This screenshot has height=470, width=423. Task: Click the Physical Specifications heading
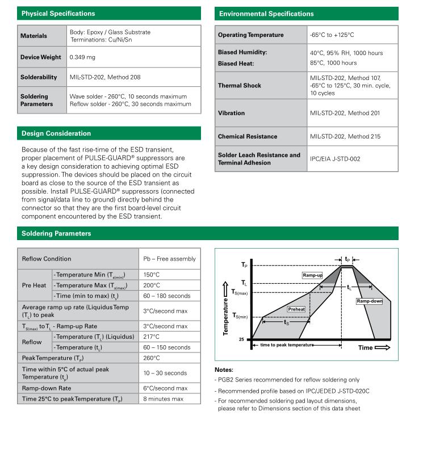pos(58,13)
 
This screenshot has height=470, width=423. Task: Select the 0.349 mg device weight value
pos(82,57)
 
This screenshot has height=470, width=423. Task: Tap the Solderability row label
pos(39,77)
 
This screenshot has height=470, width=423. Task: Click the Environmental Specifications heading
pos(266,13)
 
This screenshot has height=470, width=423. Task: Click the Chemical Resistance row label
pos(248,136)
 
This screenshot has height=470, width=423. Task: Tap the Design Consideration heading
pos(56,133)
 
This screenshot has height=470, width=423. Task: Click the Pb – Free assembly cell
pos(169,259)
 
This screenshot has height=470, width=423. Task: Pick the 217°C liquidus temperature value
pos(152,337)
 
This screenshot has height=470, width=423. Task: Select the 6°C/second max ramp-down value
pos(165,388)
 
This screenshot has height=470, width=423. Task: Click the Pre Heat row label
pos(34,286)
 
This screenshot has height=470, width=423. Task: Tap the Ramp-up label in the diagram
pos(312,275)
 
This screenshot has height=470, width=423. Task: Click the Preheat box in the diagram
pos(296,309)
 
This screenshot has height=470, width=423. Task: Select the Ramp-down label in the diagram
pos(369,301)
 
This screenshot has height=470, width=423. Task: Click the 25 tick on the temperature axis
pos(241,339)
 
